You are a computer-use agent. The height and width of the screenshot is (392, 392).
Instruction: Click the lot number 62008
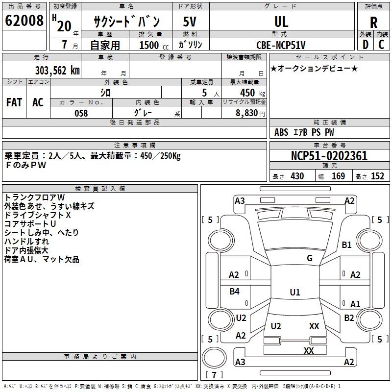point(24,21)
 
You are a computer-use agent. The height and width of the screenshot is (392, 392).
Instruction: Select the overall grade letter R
point(373,22)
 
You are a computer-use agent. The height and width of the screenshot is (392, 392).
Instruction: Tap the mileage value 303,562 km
point(57,71)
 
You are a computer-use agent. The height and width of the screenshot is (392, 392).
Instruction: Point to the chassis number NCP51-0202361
point(329,156)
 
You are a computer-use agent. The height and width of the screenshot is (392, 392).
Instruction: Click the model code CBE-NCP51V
point(281,45)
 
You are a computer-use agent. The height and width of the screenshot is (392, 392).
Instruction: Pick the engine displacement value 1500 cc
point(154,45)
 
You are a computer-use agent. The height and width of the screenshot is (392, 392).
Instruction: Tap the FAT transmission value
point(14,102)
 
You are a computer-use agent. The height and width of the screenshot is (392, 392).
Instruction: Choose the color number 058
point(81,113)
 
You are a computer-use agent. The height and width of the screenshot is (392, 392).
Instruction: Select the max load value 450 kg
point(252,93)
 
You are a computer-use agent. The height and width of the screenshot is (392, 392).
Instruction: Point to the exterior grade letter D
point(366,45)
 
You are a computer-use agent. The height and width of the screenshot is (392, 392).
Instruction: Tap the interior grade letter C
point(381,45)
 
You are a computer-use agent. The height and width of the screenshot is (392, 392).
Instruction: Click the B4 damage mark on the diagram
point(234,291)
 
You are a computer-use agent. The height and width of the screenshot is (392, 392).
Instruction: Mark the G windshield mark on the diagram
point(310,258)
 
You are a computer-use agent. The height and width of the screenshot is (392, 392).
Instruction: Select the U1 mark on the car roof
point(295,292)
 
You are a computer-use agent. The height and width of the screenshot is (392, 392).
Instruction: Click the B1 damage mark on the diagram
point(346,245)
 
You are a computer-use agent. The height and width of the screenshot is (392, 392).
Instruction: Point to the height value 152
point(377,176)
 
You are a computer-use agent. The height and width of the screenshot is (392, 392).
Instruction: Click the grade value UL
point(281,22)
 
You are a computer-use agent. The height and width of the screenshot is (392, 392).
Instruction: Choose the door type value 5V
point(190,22)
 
